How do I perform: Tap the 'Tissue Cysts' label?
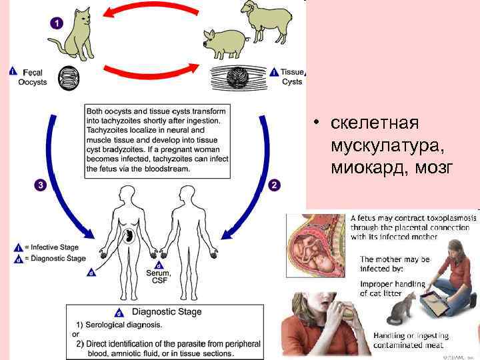point(292,77)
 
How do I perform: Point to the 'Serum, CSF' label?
point(159,276)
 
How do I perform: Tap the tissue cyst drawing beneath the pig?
point(237,77)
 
